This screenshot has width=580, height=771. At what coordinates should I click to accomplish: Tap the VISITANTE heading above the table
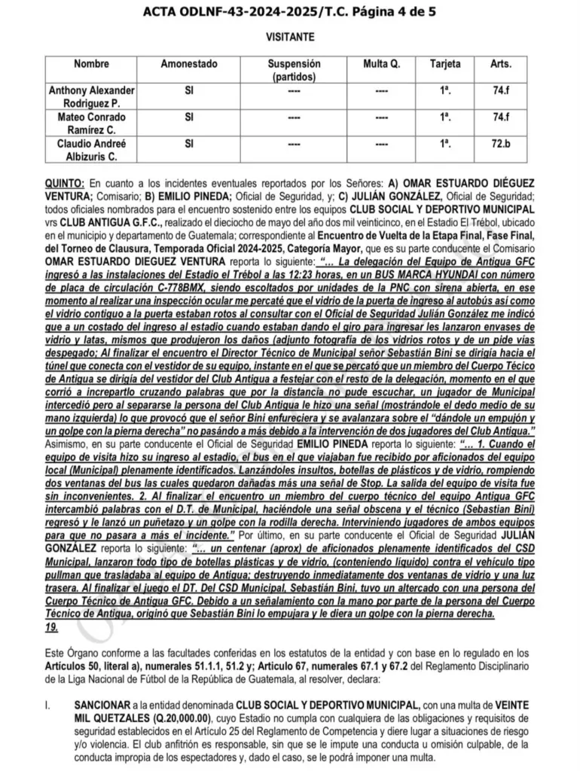coord(291,37)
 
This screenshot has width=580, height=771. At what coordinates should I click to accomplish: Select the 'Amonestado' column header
coord(188,65)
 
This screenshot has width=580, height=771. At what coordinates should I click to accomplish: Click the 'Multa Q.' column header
coord(381,65)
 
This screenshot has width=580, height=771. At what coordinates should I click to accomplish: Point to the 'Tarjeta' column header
coord(445,65)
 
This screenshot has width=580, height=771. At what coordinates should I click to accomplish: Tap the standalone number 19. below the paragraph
coord(52,626)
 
